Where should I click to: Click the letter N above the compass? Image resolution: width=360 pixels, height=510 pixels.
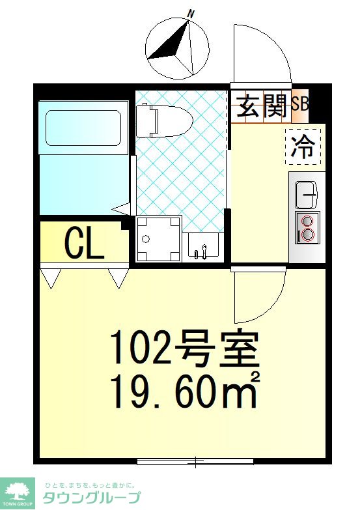(191, 14)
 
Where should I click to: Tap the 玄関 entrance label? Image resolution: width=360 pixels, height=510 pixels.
(262, 106)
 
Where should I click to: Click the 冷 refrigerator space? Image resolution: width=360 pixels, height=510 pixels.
(303, 147)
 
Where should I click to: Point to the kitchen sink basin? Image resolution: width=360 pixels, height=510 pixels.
(307, 195)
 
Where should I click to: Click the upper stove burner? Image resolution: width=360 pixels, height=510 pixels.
(307, 221)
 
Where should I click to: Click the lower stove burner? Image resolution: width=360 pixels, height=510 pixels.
(307, 234)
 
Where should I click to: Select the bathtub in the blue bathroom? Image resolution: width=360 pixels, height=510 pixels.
(83, 128)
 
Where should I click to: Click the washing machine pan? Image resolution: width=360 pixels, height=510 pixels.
(159, 239)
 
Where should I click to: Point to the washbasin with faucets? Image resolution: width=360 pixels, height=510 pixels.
(202, 247)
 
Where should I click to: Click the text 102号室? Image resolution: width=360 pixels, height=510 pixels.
(185, 348)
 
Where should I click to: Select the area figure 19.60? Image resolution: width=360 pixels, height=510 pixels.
(174, 391)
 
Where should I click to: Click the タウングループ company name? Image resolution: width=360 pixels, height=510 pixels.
(92, 498)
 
